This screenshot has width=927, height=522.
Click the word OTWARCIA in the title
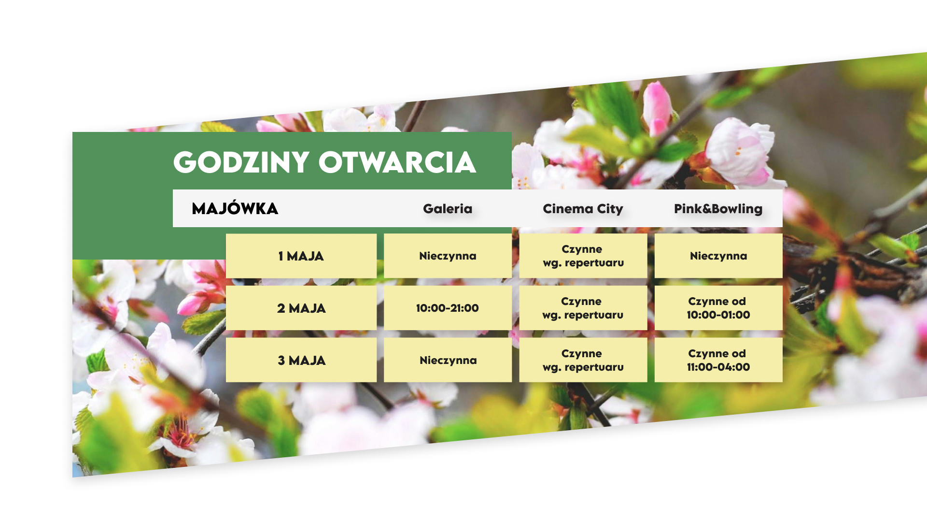[x=397, y=162]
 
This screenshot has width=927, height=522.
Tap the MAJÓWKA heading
[x=235, y=208]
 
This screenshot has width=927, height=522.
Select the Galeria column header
[x=448, y=209]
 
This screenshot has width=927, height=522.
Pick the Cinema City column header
[x=583, y=209]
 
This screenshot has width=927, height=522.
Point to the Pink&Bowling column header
[x=718, y=209]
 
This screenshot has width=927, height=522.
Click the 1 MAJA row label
[x=301, y=256]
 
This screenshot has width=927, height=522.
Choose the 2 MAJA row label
[x=301, y=308]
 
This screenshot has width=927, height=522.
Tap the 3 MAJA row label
[x=301, y=361]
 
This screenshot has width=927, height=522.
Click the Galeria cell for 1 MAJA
[x=448, y=256]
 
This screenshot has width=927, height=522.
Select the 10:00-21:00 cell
[x=448, y=308]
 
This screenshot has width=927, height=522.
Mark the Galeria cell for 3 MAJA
[x=448, y=361]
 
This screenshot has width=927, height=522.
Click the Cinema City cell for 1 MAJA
[x=583, y=256]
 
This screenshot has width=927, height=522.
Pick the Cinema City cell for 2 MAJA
[x=583, y=308]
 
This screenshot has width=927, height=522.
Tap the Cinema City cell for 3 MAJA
[x=583, y=361]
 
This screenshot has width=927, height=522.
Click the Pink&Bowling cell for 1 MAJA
[x=718, y=256]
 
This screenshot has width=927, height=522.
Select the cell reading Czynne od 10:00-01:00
[x=718, y=308]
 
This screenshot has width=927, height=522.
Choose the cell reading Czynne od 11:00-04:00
[x=718, y=361]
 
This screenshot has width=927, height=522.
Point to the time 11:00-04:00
[x=718, y=367]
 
